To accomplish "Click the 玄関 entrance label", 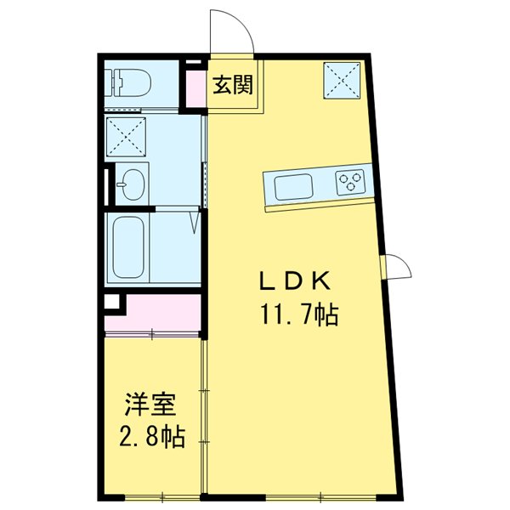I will [x=232, y=85].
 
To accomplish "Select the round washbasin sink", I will [x=132, y=184].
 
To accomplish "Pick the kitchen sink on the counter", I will [x=293, y=184].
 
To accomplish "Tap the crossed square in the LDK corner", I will [x=343, y=82].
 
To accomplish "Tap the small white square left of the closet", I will [x=111, y=303].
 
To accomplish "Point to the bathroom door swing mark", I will [x=195, y=223].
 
